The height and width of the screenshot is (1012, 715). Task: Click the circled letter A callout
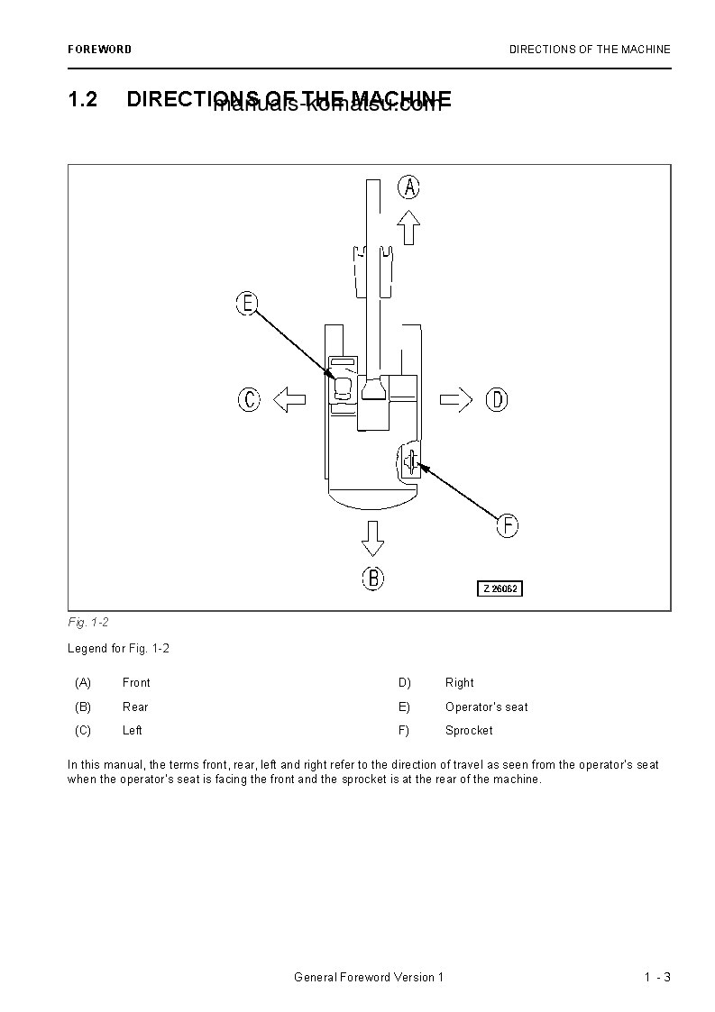point(409,187)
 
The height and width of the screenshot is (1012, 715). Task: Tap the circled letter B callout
point(373,578)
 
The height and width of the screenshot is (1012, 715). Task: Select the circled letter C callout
point(250,399)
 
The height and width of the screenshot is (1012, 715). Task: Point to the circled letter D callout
point(497,399)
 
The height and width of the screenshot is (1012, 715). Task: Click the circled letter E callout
point(247,304)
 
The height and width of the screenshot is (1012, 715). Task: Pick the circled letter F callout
point(508,525)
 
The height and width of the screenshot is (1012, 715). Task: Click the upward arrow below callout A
point(409,227)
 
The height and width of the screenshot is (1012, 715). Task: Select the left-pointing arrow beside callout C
point(289,399)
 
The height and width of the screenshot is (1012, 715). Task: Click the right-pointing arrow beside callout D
point(456,399)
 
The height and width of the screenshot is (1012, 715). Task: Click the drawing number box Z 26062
point(500,588)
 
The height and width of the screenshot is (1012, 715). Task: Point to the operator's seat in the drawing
point(343,388)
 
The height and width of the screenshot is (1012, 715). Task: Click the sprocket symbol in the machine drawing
point(411,462)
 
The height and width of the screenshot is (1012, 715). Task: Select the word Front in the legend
point(136,683)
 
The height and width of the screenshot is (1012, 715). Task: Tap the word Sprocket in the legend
point(469,731)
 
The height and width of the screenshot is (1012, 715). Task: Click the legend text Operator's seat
point(486,707)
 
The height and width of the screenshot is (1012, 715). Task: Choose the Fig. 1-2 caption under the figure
point(87,623)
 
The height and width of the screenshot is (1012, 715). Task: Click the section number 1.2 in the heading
point(82,99)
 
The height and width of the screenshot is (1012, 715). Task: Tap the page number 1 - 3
point(657,978)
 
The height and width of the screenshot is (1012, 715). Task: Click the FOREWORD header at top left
point(99,50)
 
